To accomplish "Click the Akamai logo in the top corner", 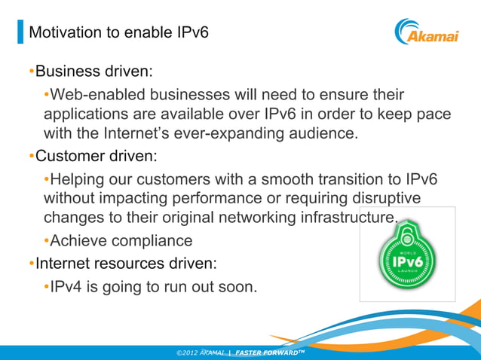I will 426,32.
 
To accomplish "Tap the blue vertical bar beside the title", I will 20,32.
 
